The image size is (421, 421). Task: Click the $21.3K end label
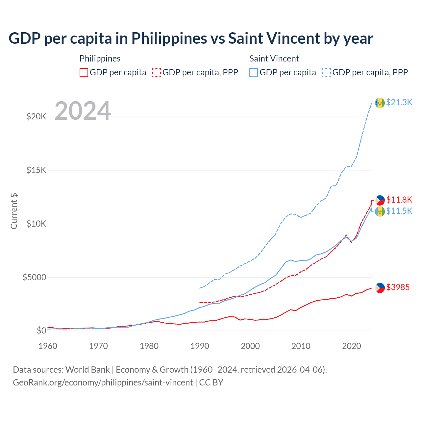[x=399, y=102]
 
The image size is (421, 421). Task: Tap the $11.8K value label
[x=399, y=200]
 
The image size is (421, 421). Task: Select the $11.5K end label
[x=399, y=211]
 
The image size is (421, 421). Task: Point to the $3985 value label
[x=398, y=287]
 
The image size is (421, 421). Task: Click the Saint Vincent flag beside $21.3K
[x=380, y=103]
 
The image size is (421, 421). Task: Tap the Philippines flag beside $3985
[x=380, y=288]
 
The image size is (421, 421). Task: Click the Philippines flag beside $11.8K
[x=380, y=200]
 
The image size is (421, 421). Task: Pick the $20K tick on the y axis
[x=36, y=116]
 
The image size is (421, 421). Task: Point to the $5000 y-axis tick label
[x=34, y=277]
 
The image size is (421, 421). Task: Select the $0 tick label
[x=41, y=331]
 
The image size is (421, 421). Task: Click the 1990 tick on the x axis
[x=200, y=346]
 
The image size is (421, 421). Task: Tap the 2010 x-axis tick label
[x=301, y=346]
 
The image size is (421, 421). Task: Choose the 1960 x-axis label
[x=48, y=346]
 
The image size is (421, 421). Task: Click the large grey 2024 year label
[x=83, y=111]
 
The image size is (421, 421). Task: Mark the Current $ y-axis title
[x=14, y=211]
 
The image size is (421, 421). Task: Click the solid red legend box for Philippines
[x=84, y=72]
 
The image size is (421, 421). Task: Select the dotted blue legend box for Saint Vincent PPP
[x=327, y=72]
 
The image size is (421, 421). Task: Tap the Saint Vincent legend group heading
[x=274, y=59]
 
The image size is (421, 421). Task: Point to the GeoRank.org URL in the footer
[x=103, y=383]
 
